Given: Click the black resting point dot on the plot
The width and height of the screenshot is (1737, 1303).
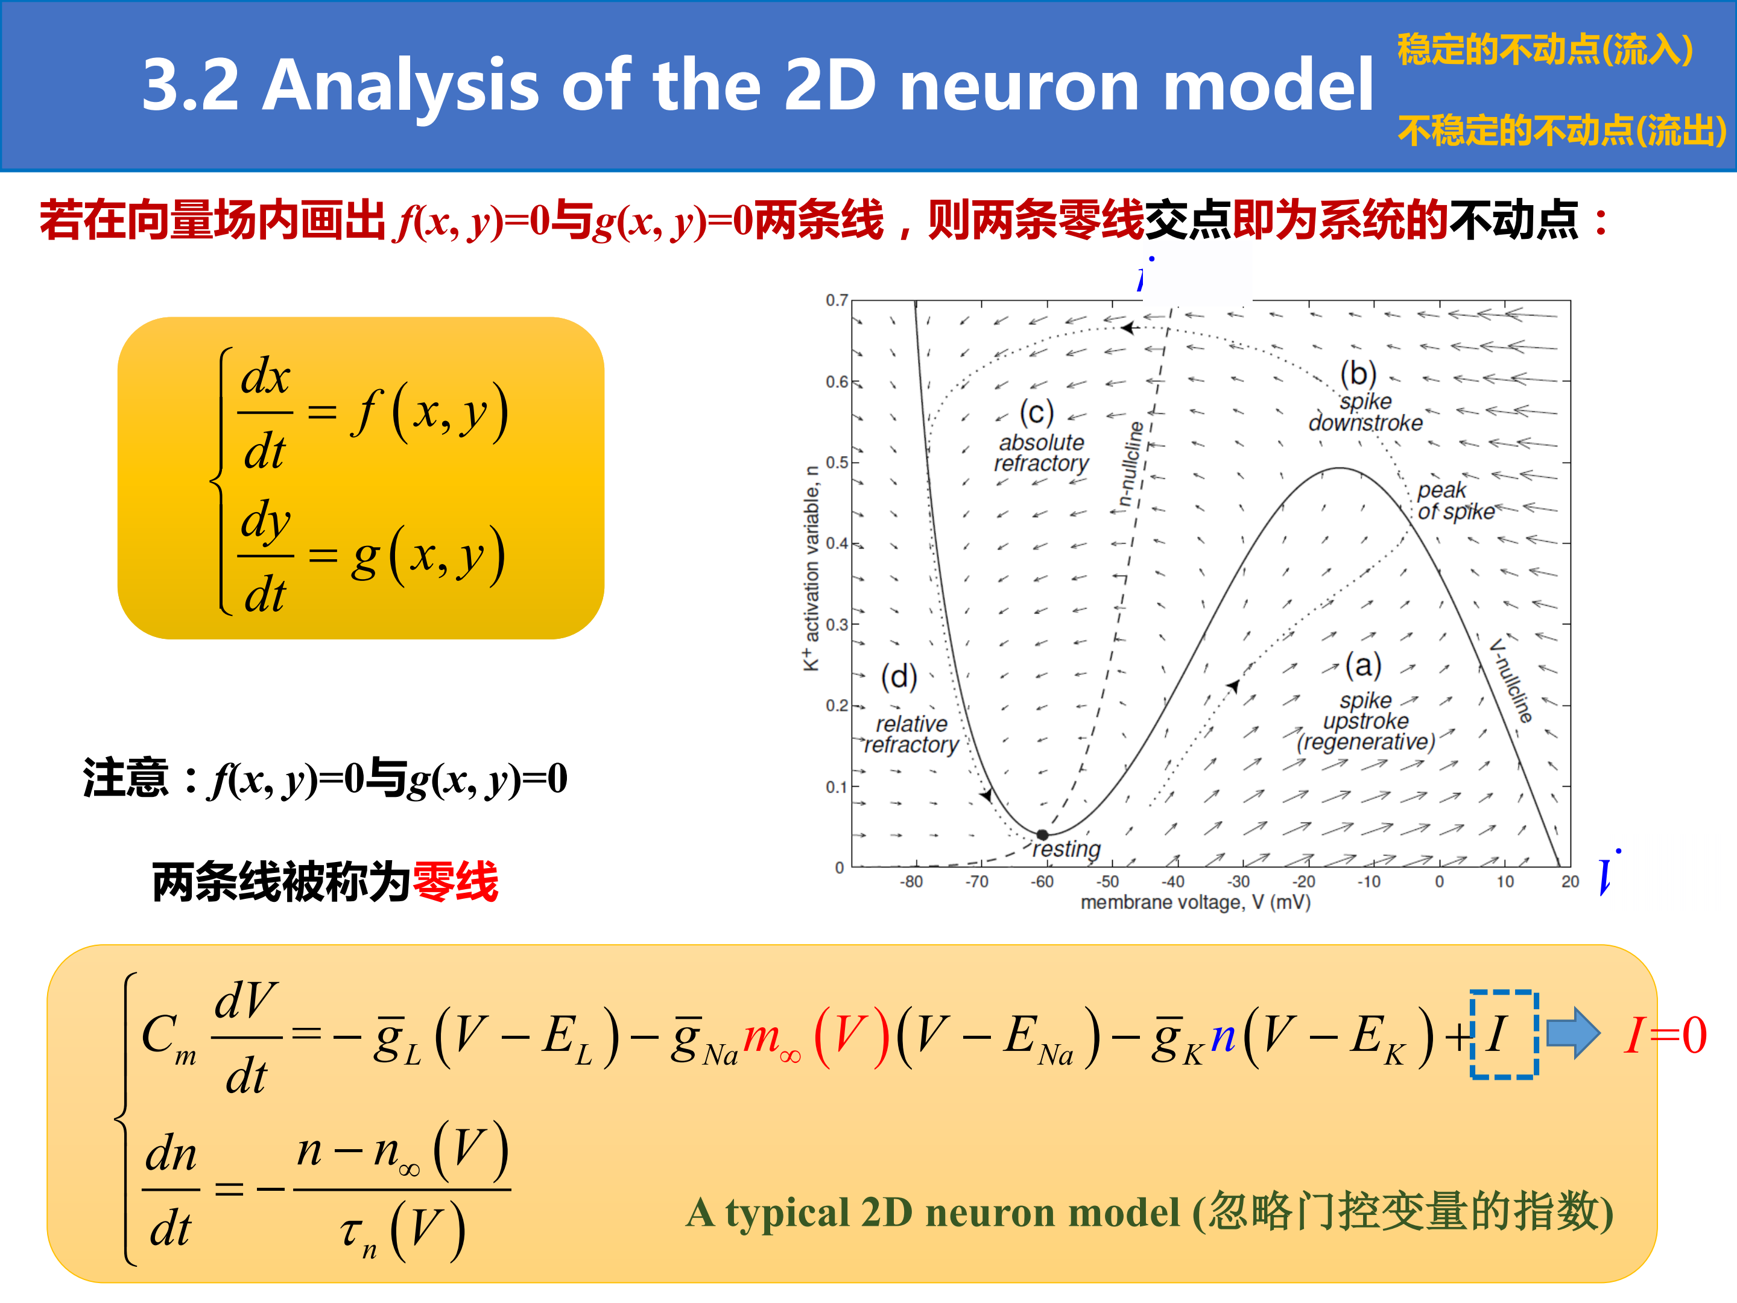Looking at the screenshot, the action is point(1042,835).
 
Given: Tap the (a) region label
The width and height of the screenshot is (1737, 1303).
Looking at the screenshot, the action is point(1363,665).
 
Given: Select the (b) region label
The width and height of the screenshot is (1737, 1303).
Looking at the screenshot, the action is point(1358,374).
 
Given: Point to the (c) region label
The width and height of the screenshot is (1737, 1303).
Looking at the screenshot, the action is point(1037,413).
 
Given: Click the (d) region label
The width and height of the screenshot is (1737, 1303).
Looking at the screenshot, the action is point(899,676).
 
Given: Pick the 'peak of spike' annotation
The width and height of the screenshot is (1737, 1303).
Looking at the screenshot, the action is point(1456,501).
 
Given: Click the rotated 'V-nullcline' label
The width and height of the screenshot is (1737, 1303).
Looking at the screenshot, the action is point(1511,680).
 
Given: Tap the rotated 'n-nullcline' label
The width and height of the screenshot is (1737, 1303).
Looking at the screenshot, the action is point(1131,464).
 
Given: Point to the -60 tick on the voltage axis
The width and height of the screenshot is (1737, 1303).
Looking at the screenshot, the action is point(1042,881).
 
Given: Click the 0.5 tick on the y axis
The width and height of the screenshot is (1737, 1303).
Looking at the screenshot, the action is point(837,462).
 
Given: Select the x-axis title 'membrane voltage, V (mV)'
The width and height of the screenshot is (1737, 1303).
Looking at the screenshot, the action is point(1196,902).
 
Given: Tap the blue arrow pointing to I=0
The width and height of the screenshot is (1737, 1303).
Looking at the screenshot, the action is point(1573,1033).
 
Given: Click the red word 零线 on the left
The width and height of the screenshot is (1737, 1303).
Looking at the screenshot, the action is point(455,881).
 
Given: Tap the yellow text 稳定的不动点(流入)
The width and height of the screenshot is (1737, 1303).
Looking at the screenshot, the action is point(1545,49).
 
